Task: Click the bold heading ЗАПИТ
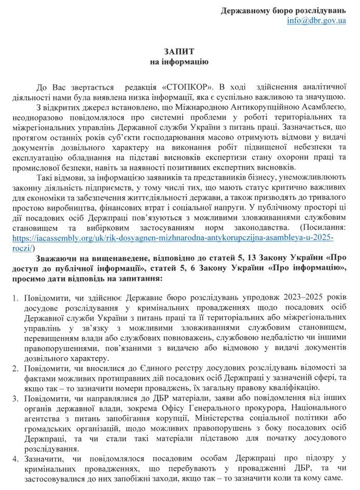click(x=179, y=52)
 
